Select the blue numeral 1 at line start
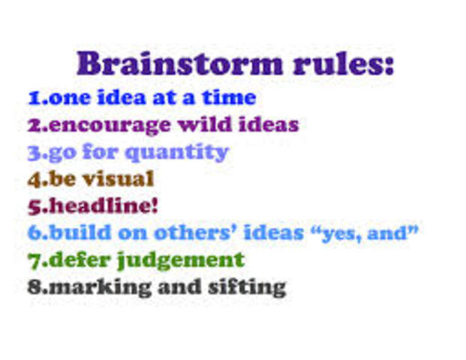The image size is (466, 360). [33, 97]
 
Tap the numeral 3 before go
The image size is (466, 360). [34, 152]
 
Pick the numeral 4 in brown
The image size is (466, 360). [34, 178]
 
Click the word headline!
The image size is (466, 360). [104, 205]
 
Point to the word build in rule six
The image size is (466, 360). [76, 232]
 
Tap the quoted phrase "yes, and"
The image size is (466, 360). [363, 232]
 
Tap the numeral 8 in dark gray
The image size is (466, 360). [34, 286]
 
